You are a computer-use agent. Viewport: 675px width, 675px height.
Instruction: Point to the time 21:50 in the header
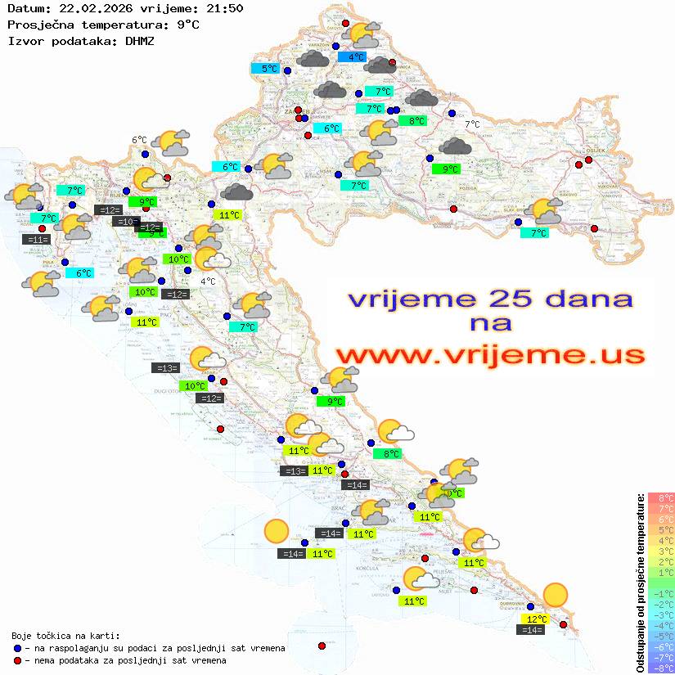[x=225, y=8]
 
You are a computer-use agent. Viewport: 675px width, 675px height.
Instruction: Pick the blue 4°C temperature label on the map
[x=356, y=57]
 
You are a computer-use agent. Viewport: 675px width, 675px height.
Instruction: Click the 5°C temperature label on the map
[x=269, y=69]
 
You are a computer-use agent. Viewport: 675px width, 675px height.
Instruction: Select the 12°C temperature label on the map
[x=536, y=619]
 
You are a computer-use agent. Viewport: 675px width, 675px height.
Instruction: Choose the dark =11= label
[x=36, y=240]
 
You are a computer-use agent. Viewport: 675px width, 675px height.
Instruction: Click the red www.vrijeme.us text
[x=489, y=355]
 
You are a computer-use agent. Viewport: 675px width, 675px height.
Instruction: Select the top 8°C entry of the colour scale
[x=660, y=498]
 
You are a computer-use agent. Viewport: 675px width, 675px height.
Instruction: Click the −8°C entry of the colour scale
[x=660, y=668]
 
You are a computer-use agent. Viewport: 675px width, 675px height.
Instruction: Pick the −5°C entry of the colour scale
[x=660, y=636]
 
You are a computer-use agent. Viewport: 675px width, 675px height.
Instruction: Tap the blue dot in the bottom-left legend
[x=18, y=648]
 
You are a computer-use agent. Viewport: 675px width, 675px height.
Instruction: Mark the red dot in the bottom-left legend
[x=18, y=660]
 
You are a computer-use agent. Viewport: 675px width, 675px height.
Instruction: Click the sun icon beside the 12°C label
[x=556, y=595]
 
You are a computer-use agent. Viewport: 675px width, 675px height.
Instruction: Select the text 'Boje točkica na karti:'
[x=65, y=636]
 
